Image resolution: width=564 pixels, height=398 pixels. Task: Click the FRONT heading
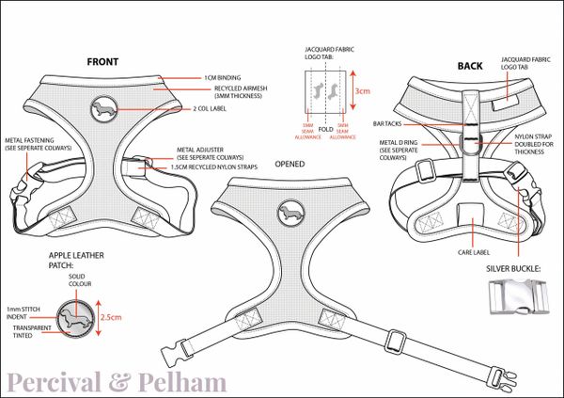coord(102,62)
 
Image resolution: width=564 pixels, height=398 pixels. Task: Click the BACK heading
coord(469,66)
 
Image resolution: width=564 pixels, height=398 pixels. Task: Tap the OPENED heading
coord(290,162)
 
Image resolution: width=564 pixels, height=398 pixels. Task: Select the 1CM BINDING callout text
coord(223,78)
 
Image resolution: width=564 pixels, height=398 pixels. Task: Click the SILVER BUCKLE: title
coord(513,268)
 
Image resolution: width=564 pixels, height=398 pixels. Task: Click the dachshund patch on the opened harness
coord(289,209)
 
